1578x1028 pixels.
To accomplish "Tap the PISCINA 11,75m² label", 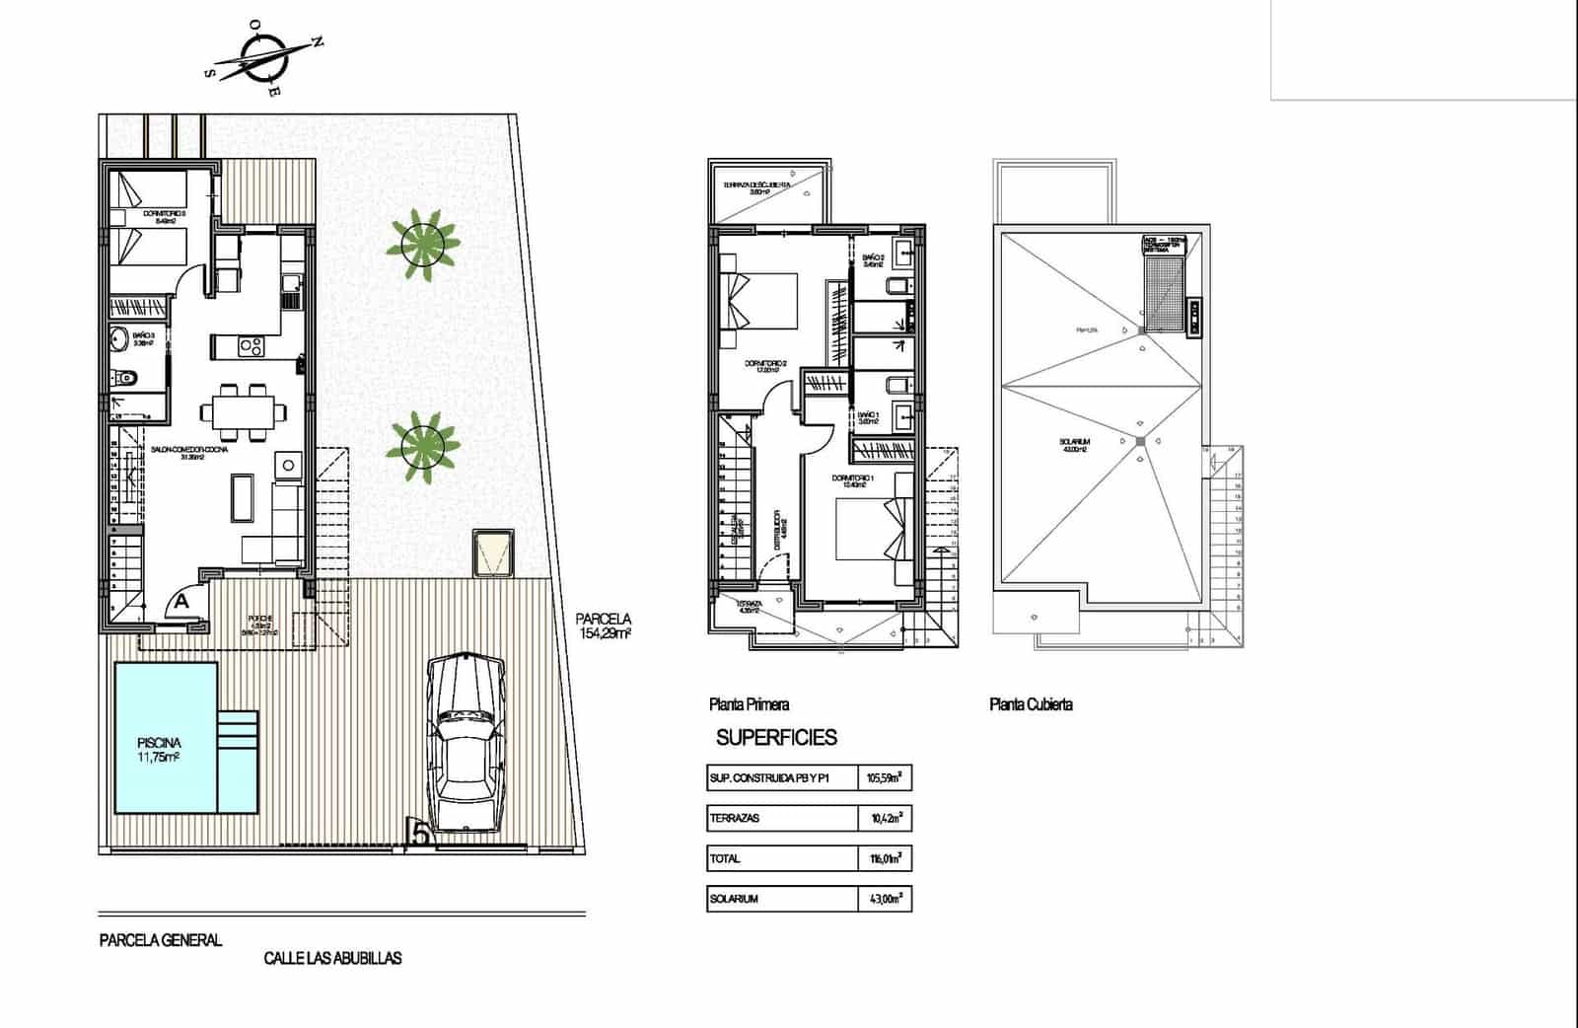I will click(160, 750).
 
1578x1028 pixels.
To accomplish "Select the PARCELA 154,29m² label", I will click(604, 626).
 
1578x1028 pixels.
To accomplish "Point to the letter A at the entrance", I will click(182, 599).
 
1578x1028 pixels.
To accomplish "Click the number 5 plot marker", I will click(420, 835).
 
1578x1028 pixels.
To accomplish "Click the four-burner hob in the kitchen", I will click(251, 346).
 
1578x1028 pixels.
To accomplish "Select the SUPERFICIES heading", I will click(776, 737).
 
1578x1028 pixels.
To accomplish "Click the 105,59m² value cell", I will click(885, 778).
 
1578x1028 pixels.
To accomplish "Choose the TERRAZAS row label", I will click(735, 819).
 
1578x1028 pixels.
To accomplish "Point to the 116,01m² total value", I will click(885, 859).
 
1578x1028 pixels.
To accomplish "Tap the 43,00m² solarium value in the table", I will click(885, 900).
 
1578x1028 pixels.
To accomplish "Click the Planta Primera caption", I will click(749, 704).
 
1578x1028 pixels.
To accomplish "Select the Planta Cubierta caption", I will click(1031, 704).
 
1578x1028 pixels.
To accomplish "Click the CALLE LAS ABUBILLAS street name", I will click(332, 957).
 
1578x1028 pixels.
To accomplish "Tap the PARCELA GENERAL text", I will click(161, 940).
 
